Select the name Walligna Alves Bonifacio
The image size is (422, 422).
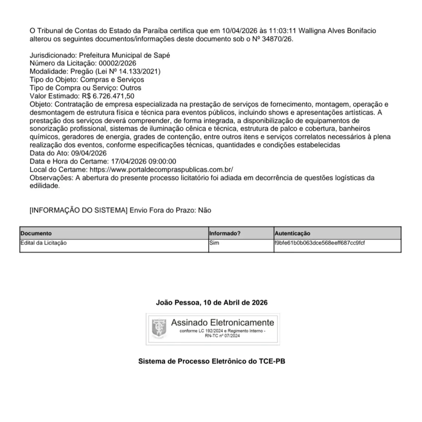(337, 31)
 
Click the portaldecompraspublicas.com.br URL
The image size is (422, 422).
(161, 170)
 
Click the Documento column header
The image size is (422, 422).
(36, 233)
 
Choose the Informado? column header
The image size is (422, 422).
(225, 233)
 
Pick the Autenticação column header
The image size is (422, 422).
(292, 233)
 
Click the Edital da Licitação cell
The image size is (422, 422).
(43, 243)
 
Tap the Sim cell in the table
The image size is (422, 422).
(215, 243)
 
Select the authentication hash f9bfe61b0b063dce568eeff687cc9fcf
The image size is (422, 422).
(320, 243)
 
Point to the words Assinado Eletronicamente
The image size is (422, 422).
(222, 323)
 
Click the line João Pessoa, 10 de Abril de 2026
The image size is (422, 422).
(212, 303)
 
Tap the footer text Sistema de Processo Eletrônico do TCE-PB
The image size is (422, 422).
(212, 361)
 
